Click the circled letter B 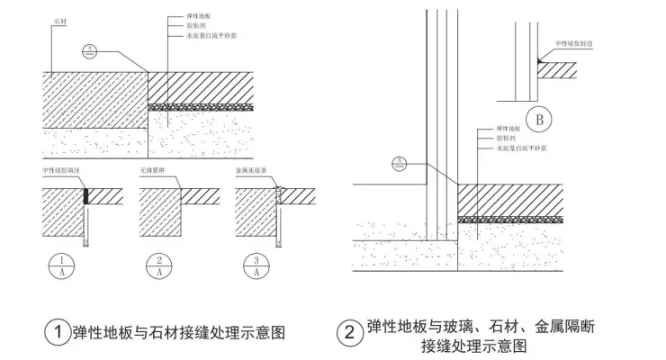click(540, 118)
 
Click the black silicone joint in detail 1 click(86, 196)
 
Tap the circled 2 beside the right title click(349, 333)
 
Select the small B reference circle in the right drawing click(400, 163)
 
